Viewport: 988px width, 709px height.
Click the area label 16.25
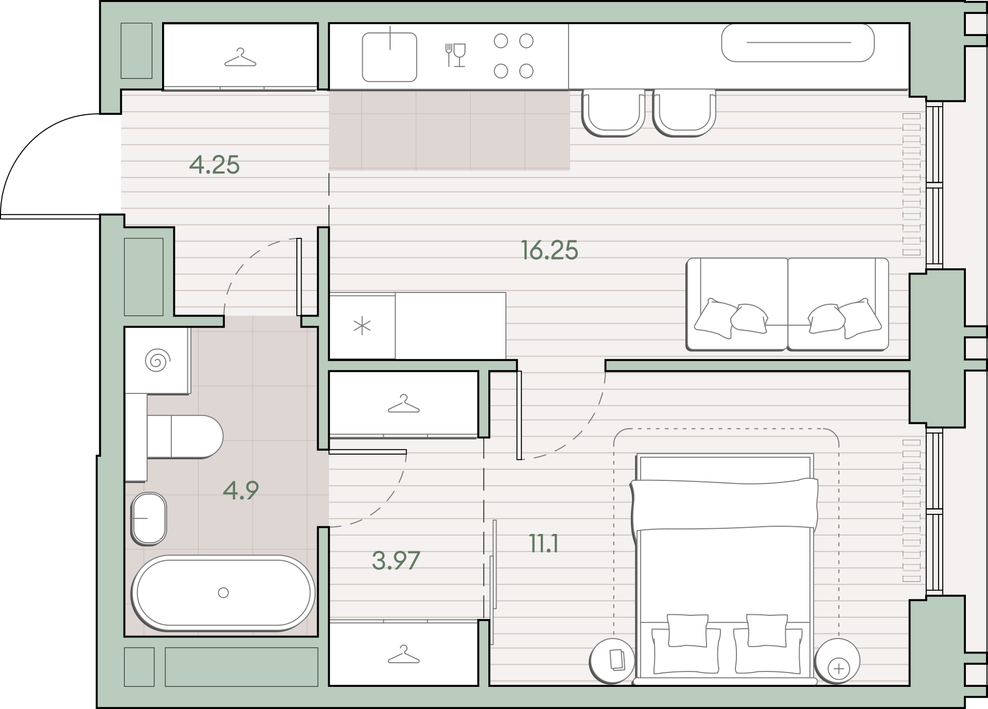550,250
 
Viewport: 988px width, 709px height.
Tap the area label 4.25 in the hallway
214,165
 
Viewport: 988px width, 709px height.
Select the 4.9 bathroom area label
241,491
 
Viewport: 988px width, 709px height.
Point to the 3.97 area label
396,560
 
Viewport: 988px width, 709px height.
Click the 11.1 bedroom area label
544,544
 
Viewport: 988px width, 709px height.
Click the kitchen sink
390,57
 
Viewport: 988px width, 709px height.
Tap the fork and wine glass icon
455,55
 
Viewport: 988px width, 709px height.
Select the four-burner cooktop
514,56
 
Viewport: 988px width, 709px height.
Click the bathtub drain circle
223,593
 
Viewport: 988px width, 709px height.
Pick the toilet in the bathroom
185,437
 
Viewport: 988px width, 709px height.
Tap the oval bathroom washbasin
149,518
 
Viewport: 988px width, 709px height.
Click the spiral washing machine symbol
157,360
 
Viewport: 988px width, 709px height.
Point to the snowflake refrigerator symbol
362,326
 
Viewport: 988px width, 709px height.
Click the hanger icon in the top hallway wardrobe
240,57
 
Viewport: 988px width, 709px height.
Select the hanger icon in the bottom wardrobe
403,654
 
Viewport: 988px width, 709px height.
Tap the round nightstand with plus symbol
838,661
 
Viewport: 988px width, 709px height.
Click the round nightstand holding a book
613,661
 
